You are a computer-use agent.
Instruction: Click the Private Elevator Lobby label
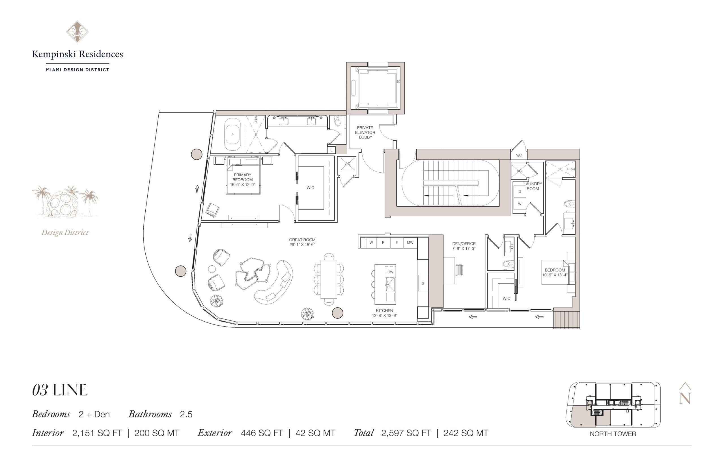click(365, 133)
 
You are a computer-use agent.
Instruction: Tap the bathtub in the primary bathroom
click(233, 134)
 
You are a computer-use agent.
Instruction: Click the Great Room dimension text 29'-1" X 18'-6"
click(302, 244)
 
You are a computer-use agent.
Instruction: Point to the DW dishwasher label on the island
click(390, 272)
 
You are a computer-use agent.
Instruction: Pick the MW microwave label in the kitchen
click(410, 242)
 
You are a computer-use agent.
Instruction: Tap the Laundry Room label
click(533, 186)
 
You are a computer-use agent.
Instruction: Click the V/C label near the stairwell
click(519, 155)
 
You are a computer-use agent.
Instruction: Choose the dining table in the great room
click(329, 279)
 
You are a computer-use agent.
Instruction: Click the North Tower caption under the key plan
click(613, 434)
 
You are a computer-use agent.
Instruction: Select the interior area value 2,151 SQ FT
click(97, 433)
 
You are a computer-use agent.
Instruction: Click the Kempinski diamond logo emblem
click(77, 32)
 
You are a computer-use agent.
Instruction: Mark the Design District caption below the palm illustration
click(65, 233)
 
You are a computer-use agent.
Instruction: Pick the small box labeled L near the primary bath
click(331, 150)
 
